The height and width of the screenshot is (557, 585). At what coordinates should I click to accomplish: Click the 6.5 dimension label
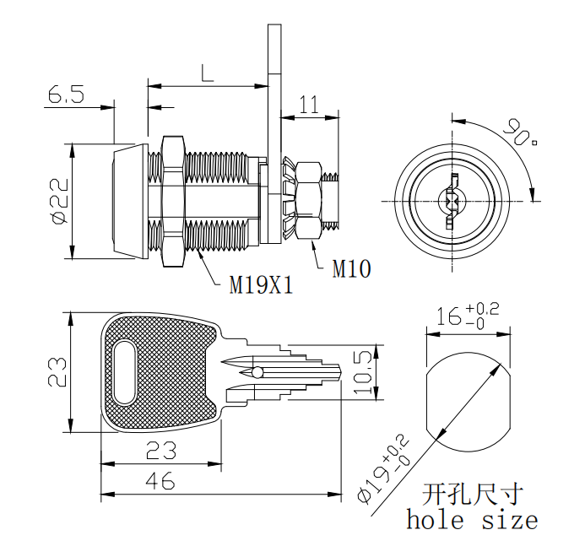66,95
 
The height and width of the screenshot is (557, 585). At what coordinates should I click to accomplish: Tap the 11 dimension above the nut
310,105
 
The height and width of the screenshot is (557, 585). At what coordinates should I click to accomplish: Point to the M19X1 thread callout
262,285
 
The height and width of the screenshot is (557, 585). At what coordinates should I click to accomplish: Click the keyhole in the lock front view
451,201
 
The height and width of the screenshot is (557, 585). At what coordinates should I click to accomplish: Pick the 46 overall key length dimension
160,482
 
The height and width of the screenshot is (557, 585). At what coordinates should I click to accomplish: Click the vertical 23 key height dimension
57,372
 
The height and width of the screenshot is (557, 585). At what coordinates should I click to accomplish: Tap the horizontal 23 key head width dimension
161,449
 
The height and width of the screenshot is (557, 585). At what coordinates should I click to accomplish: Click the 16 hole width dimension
467,316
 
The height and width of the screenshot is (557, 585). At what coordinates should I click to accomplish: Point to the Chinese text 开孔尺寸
472,493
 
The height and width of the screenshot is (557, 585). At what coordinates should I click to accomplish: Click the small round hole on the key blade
256,372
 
